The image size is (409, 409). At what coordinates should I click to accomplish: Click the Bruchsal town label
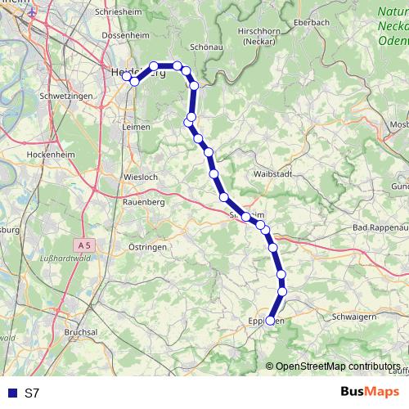[x=81, y=333]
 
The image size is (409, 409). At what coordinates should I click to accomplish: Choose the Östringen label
[x=148, y=246]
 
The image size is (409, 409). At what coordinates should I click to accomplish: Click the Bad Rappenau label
[x=380, y=227]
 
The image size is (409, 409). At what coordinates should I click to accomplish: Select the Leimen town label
[x=135, y=127]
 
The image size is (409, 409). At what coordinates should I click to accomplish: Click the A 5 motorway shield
[x=87, y=245]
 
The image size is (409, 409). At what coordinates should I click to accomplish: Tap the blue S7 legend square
[x=11, y=393]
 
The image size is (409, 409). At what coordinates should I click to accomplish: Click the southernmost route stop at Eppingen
[x=271, y=321]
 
